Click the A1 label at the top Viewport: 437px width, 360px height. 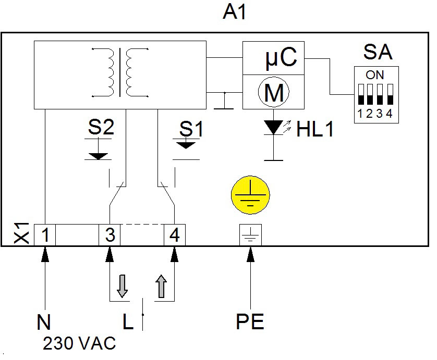tap(234, 13)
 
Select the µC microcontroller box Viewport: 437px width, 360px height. tap(273, 58)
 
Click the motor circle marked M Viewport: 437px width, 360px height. tap(273, 92)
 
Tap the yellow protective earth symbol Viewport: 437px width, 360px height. tap(250, 195)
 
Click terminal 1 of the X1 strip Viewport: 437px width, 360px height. tap(45, 235)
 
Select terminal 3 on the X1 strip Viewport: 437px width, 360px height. tap(110, 235)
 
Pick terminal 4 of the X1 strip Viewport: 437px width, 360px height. tap(175, 235)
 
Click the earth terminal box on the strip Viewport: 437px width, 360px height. tap(250, 235)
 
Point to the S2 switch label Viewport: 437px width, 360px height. tap(101, 127)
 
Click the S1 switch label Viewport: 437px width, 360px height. tap(191, 129)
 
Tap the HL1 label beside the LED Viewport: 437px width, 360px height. tap(315, 129)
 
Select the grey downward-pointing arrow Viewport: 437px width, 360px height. tap(122, 286)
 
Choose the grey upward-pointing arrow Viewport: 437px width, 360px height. tap(161, 286)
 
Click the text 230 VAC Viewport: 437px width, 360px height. tap(79, 343)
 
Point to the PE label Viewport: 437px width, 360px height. tap(250, 321)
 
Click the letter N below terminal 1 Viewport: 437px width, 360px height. tap(44, 322)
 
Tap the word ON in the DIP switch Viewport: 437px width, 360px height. tap(375, 75)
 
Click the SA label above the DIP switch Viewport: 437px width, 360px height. tap(378, 52)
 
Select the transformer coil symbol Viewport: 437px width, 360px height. tap(120, 72)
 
